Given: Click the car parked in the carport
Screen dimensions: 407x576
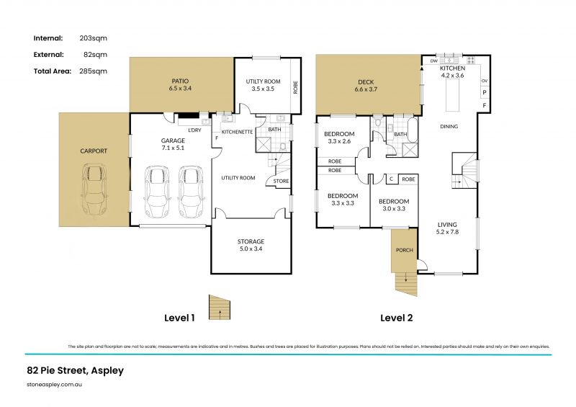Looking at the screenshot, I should tap(93, 192).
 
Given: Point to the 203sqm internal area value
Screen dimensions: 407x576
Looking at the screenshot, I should tap(94, 37).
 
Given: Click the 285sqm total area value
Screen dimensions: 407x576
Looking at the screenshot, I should tap(94, 71).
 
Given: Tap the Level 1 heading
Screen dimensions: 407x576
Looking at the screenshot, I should tap(179, 317).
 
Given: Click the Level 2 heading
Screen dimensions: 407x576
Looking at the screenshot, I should tap(396, 317).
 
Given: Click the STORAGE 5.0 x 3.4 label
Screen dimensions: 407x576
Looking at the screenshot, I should tap(251, 245).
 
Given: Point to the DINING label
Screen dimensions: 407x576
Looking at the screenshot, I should tap(449, 127).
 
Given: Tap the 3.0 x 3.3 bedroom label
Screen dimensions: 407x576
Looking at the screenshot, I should tap(394, 205).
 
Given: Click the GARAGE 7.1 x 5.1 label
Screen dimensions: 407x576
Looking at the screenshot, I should tap(172, 145).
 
